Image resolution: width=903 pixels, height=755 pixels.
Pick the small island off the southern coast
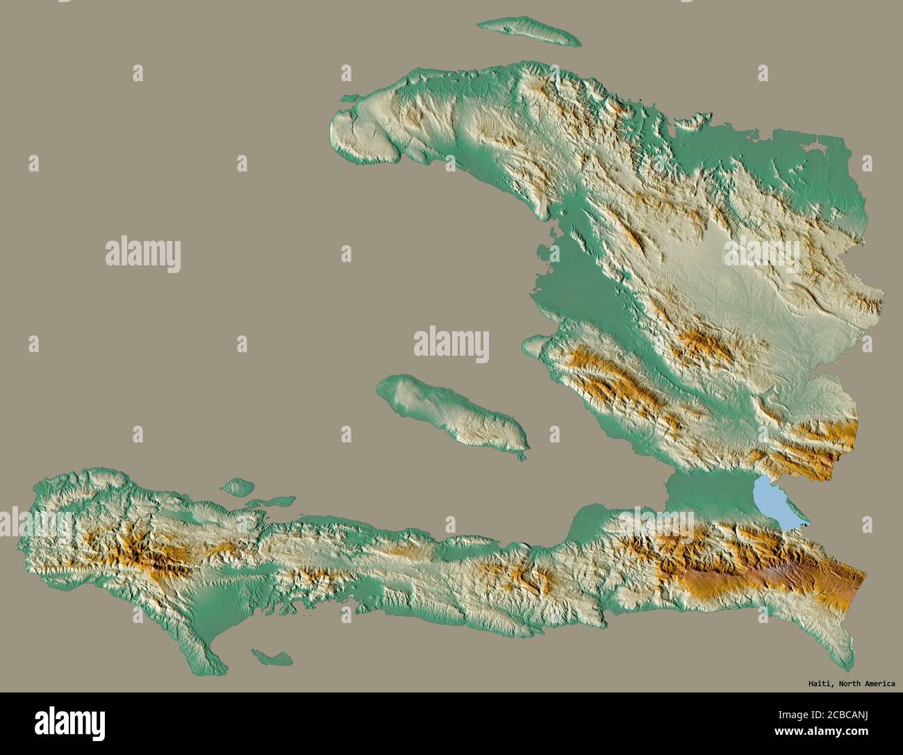271,656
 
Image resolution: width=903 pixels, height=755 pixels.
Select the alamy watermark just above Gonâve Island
451,345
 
